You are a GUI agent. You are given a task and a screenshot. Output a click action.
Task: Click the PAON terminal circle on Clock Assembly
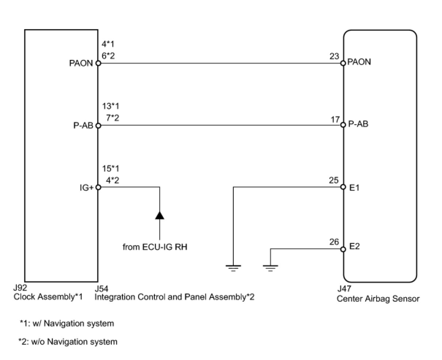coord(98,63)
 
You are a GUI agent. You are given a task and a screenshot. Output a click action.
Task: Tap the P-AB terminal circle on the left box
coord(98,126)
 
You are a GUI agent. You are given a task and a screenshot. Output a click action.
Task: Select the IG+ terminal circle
coord(98,187)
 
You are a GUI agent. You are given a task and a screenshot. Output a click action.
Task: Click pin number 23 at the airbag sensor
coord(334,57)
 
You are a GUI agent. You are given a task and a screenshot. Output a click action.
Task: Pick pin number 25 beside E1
coord(334,181)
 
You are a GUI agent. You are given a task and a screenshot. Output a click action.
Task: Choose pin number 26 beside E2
coord(334,242)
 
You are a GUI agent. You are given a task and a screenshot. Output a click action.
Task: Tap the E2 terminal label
coord(355,246)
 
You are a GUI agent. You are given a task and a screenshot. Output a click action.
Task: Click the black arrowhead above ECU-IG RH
coord(160,215)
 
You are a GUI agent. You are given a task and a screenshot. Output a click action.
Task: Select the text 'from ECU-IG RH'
coord(155,247)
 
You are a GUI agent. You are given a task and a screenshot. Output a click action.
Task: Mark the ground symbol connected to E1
coord(233,268)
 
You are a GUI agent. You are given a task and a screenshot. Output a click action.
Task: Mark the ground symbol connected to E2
coord(270,268)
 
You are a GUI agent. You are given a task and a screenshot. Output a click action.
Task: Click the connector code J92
coord(20,288)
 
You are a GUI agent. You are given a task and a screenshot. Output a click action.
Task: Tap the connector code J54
coord(101,289)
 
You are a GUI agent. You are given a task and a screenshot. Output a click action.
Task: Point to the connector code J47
coord(344,289)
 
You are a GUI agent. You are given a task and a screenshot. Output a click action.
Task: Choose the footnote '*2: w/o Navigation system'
coord(68,342)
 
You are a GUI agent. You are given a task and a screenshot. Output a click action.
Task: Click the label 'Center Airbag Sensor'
coord(378,299)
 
